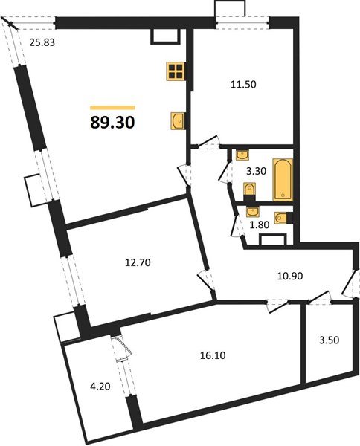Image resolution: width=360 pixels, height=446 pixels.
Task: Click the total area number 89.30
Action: pos(112,123)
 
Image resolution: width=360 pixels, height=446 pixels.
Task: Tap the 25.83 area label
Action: pos(43,42)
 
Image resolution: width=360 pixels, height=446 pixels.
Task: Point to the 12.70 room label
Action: pos(138,261)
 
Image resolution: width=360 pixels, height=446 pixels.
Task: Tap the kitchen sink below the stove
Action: pos(177,120)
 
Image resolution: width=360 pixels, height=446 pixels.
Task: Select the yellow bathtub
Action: pos(282,178)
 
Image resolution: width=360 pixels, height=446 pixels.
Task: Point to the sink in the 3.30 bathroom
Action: pos(242,155)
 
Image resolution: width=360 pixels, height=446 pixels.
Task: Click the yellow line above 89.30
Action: pos(112,108)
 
